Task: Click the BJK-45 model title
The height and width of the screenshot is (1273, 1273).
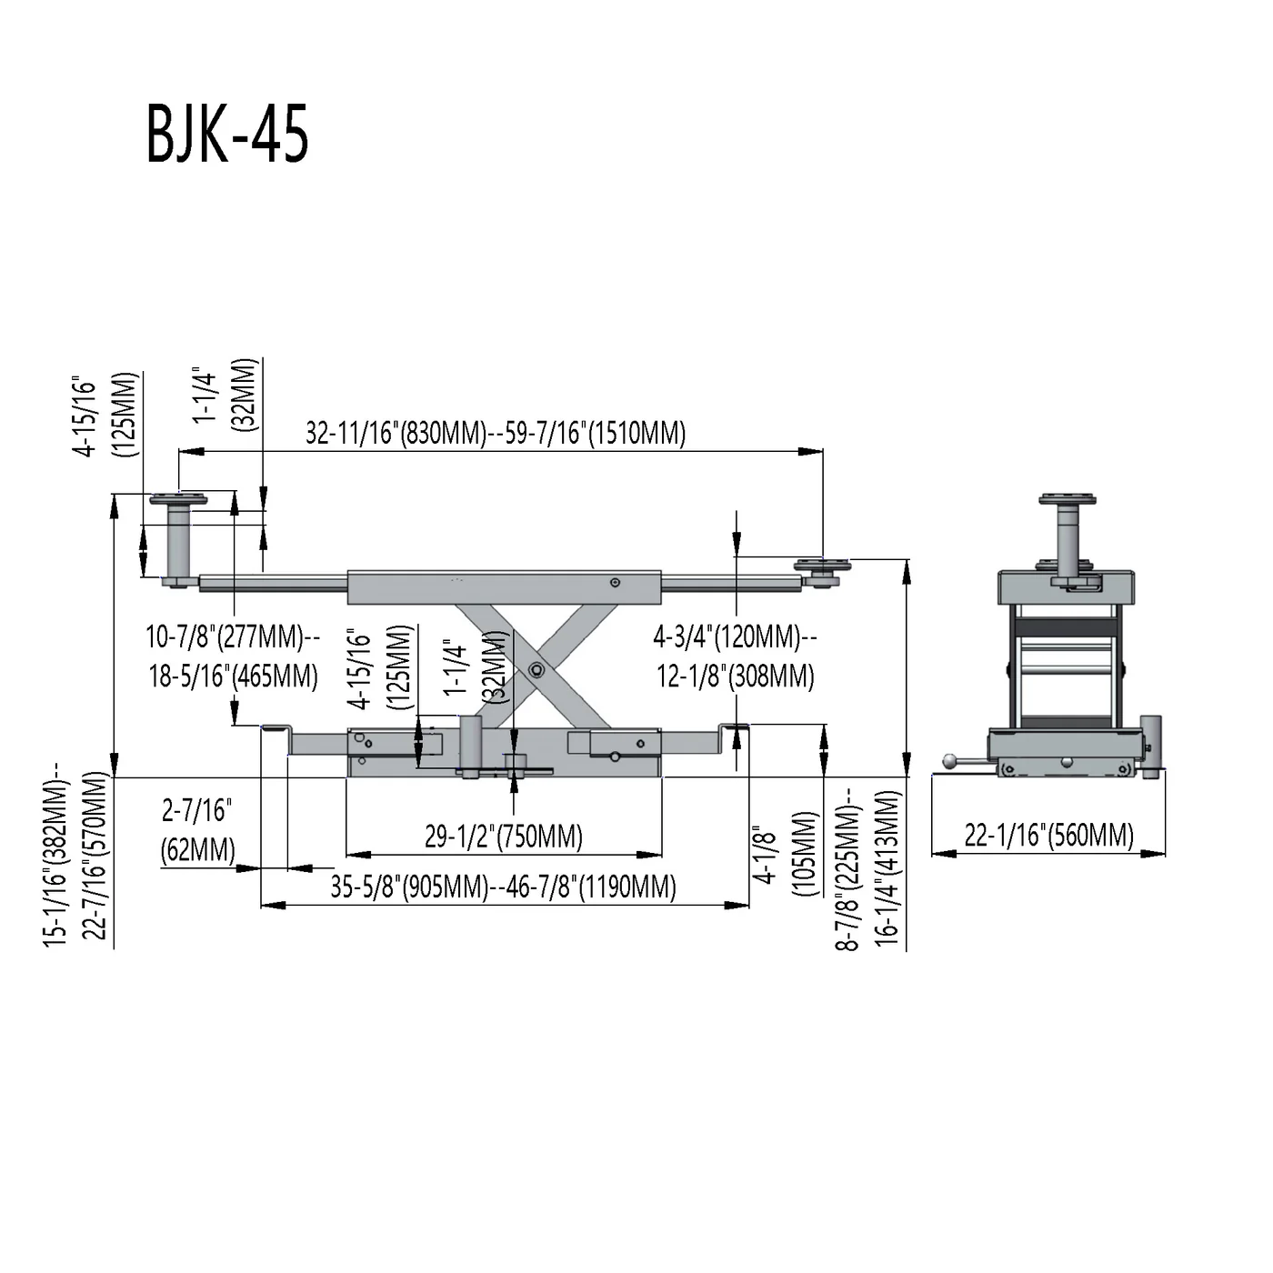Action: pos(227,134)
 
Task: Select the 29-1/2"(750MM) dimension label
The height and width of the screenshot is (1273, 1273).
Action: pos(504,837)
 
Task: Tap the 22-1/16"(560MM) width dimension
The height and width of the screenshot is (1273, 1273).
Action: pos(1048,835)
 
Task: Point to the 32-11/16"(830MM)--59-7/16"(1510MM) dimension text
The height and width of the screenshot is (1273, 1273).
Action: pos(496,434)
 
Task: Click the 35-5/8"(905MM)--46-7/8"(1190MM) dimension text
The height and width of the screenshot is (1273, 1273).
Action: pos(504,887)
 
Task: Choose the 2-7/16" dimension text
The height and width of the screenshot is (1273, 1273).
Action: pos(197,810)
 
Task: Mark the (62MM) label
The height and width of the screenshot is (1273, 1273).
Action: pos(197,849)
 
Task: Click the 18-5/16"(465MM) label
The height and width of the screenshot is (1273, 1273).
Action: pos(233,676)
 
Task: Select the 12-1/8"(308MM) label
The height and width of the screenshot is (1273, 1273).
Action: pos(736,676)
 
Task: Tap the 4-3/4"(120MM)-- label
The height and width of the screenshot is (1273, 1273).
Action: pos(736,636)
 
